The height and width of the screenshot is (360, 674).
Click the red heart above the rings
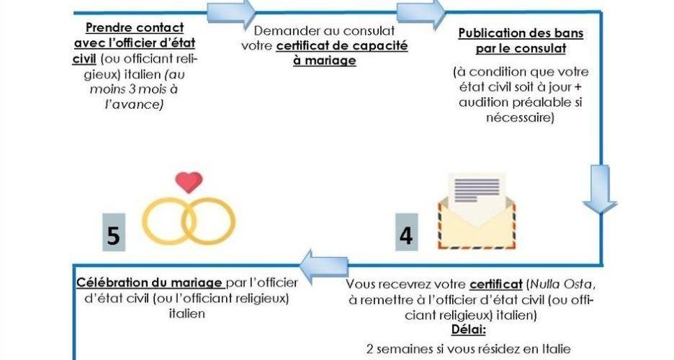coord(189,181)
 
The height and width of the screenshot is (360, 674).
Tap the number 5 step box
coord(114,232)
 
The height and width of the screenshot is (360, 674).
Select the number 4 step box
coord(407,232)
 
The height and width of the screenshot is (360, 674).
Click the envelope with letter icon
coord(477,211)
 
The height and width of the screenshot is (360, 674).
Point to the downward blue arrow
coord(600,189)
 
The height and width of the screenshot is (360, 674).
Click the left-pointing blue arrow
coord(323,266)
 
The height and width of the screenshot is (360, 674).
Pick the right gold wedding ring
coord(209,221)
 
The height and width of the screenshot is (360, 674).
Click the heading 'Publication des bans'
coord(521,34)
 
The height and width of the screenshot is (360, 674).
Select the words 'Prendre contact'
coord(135,27)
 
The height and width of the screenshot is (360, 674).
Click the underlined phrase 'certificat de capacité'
coord(342,46)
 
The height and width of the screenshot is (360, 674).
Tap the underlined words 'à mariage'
coord(325,61)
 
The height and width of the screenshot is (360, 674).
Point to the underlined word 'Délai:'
coord(469,330)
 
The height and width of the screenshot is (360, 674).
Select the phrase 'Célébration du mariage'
coord(149,283)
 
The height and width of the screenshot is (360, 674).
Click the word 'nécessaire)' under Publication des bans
coord(520,117)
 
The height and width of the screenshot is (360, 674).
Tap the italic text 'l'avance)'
coord(135,104)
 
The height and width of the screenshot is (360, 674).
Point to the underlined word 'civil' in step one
coord(84,58)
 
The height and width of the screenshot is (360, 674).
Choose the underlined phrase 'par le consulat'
coord(521,48)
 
